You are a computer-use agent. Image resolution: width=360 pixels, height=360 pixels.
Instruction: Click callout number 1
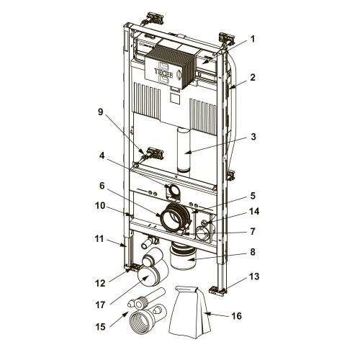pyautogui.click(x=252, y=39)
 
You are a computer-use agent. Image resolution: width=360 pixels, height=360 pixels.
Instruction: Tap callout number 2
pyautogui.click(x=252, y=78)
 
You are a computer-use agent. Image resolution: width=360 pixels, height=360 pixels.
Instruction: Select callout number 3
pyautogui.click(x=253, y=137)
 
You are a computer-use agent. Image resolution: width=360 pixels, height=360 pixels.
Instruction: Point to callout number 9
pyautogui.click(x=100, y=112)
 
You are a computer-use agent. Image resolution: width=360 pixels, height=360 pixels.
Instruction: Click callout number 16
pyautogui.click(x=236, y=316)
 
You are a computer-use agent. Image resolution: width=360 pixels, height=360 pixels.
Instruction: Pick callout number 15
pyautogui.click(x=100, y=327)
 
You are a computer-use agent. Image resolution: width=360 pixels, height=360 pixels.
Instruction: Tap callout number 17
pyautogui.click(x=100, y=305)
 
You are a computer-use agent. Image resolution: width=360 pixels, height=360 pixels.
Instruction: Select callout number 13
pyautogui.click(x=254, y=276)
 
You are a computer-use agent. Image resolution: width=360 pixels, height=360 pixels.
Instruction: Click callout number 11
pyautogui.click(x=99, y=239)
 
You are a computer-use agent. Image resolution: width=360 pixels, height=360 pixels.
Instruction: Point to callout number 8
pyautogui.click(x=253, y=252)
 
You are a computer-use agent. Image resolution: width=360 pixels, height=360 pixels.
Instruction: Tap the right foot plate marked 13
pyautogui.click(x=218, y=290)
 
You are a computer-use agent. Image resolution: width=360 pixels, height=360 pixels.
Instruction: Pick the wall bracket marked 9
pyautogui.click(x=153, y=153)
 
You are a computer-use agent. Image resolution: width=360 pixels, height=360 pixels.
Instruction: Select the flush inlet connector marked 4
pyautogui.click(x=173, y=191)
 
